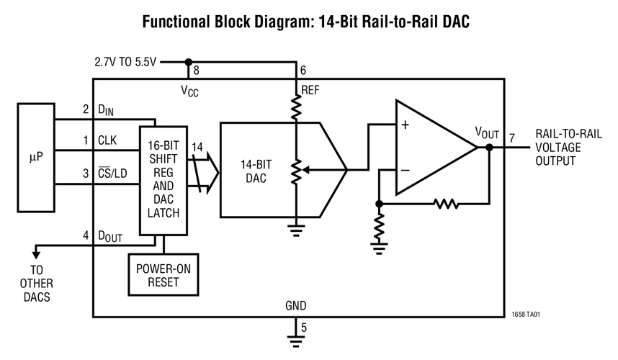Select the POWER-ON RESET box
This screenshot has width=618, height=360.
[164, 274]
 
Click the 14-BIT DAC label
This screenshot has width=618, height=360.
[256, 170]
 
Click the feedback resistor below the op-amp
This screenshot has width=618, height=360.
[447, 204]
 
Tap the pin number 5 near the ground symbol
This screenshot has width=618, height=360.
[303, 328]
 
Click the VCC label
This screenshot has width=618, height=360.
[190, 91]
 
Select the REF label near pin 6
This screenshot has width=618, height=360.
[310, 90]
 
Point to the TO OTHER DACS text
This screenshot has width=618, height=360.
[36, 284]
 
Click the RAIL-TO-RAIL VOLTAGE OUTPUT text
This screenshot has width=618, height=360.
[565, 148]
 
